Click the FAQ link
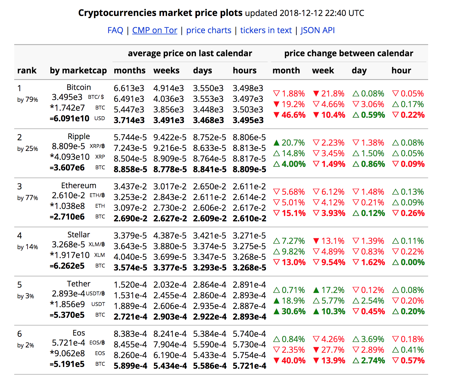(115, 30)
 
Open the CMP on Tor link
(155, 30)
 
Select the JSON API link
(317, 30)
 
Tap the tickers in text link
(266, 30)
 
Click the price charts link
(209, 30)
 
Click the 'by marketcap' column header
(78, 70)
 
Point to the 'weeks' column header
(166, 70)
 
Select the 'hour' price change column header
(401, 70)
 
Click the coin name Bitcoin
(79, 87)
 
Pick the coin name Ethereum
(79, 186)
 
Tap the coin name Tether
(79, 284)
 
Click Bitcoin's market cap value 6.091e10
(71, 118)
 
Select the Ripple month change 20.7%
(293, 143)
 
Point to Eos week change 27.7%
(332, 350)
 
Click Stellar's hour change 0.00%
(412, 262)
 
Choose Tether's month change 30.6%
(293, 311)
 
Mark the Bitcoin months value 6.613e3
(129, 88)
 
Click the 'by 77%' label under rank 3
(28, 198)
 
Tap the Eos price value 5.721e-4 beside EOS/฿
(68, 343)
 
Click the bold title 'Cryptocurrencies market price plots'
(160, 13)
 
